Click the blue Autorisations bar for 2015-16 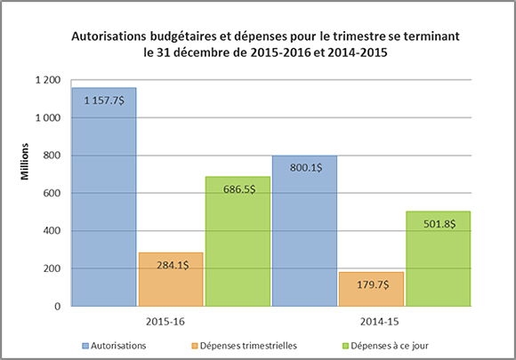(104, 204)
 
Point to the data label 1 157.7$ (104, 100)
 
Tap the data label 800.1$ (304, 167)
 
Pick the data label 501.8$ (437, 223)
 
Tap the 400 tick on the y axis (51, 231)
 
